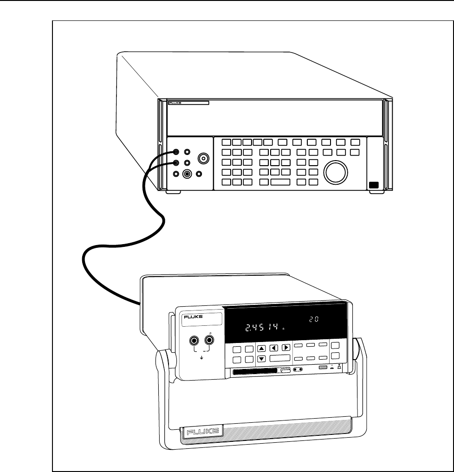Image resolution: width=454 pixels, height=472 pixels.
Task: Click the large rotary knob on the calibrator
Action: (x=335, y=171)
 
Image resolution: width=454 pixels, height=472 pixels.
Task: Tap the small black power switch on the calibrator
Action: (x=374, y=186)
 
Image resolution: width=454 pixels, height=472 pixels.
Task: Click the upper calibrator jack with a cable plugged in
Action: (x=176, y=152)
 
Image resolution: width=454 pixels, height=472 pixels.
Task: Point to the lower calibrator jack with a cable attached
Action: (x=176, y=162)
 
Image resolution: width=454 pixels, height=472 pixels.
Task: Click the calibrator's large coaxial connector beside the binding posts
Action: (x=203, y=159)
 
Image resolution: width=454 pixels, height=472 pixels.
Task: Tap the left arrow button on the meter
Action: (x=274, y=347)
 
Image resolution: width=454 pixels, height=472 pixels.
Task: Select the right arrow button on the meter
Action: (x=286, y=347)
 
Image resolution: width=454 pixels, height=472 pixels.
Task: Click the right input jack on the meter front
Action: (x=209, y=341)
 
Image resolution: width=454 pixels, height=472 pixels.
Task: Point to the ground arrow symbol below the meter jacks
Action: (x=201, y=358)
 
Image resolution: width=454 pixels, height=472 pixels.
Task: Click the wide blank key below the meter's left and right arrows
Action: (x=280, y=358)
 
